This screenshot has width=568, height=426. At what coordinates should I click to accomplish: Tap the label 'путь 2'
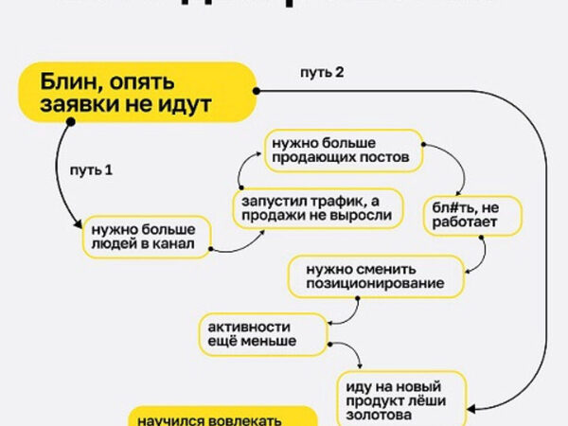pos(321,73)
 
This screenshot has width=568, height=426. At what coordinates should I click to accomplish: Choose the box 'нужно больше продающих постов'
pos(342,150)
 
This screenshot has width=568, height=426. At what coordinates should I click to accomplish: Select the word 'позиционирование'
pos(376,284)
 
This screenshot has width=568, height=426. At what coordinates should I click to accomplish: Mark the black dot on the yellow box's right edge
pos(257,92)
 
